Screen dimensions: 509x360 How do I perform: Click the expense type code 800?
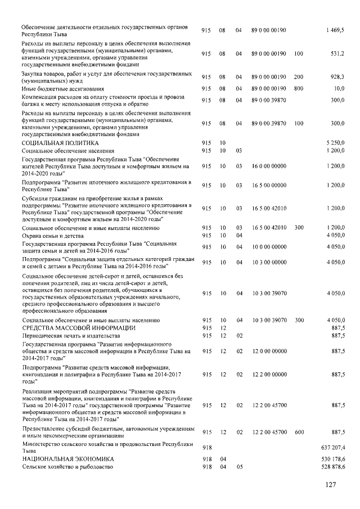click(298, 89)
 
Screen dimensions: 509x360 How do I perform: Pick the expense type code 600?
click(298, 431)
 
